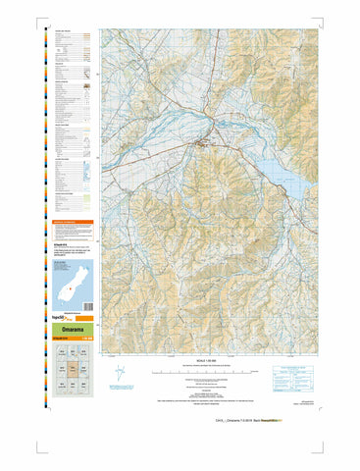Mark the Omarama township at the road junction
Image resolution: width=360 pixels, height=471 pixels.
click(204, 144)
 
